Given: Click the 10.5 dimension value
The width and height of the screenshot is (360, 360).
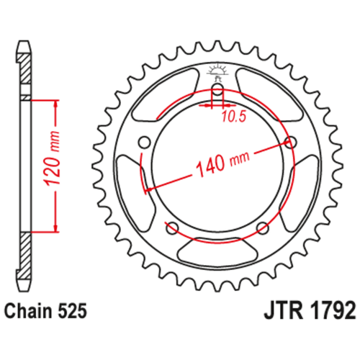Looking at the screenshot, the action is (x=234, y=117).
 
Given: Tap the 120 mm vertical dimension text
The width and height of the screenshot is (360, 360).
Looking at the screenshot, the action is (x=53, y=159).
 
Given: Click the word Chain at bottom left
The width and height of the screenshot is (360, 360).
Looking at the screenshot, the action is (x=29, y=311).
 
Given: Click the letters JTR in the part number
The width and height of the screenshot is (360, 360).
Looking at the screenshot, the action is (x=283, y=310).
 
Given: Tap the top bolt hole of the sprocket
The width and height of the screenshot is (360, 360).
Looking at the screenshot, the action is (x=217, y=89).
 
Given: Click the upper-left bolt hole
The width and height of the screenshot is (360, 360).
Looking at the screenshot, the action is (x=145, y=143).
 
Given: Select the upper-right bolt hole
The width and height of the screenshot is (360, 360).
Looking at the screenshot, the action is (x=291, y=143).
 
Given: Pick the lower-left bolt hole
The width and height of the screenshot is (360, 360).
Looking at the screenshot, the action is (x=173, y=228).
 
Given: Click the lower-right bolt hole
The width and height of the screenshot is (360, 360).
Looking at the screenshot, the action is (x=263, y=228).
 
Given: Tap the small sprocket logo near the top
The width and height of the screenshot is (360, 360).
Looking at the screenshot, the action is (x=217, y=71).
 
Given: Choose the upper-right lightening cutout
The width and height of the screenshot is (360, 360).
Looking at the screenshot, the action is (x=271, y=96).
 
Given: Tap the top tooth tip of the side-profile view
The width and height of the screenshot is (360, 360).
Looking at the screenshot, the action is (x=24, y=42).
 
